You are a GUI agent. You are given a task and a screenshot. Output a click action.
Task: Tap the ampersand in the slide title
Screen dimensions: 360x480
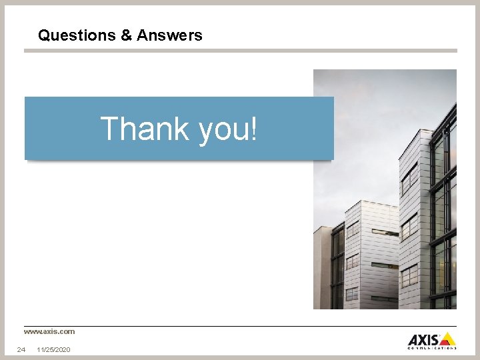(127, 35)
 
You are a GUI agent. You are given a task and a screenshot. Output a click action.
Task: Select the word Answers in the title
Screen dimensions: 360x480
(169, 35)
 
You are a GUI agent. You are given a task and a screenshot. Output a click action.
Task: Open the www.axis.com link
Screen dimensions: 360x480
(49, 331)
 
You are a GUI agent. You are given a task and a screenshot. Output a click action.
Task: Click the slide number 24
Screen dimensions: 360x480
(21, 349)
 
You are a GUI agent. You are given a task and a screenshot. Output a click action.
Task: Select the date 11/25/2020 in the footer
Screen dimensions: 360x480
(54, 349)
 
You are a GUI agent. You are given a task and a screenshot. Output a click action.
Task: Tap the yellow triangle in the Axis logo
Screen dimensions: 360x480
(447, 339)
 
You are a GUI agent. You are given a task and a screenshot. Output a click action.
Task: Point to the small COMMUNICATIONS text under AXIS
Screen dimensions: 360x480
(432, 347)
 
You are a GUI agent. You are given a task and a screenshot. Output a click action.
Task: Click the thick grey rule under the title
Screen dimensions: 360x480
(240, 51)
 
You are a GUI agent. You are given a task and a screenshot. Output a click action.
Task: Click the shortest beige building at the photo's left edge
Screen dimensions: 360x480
(323, 267)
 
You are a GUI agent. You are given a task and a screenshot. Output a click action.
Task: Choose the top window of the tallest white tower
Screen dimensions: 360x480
(410, 175)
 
